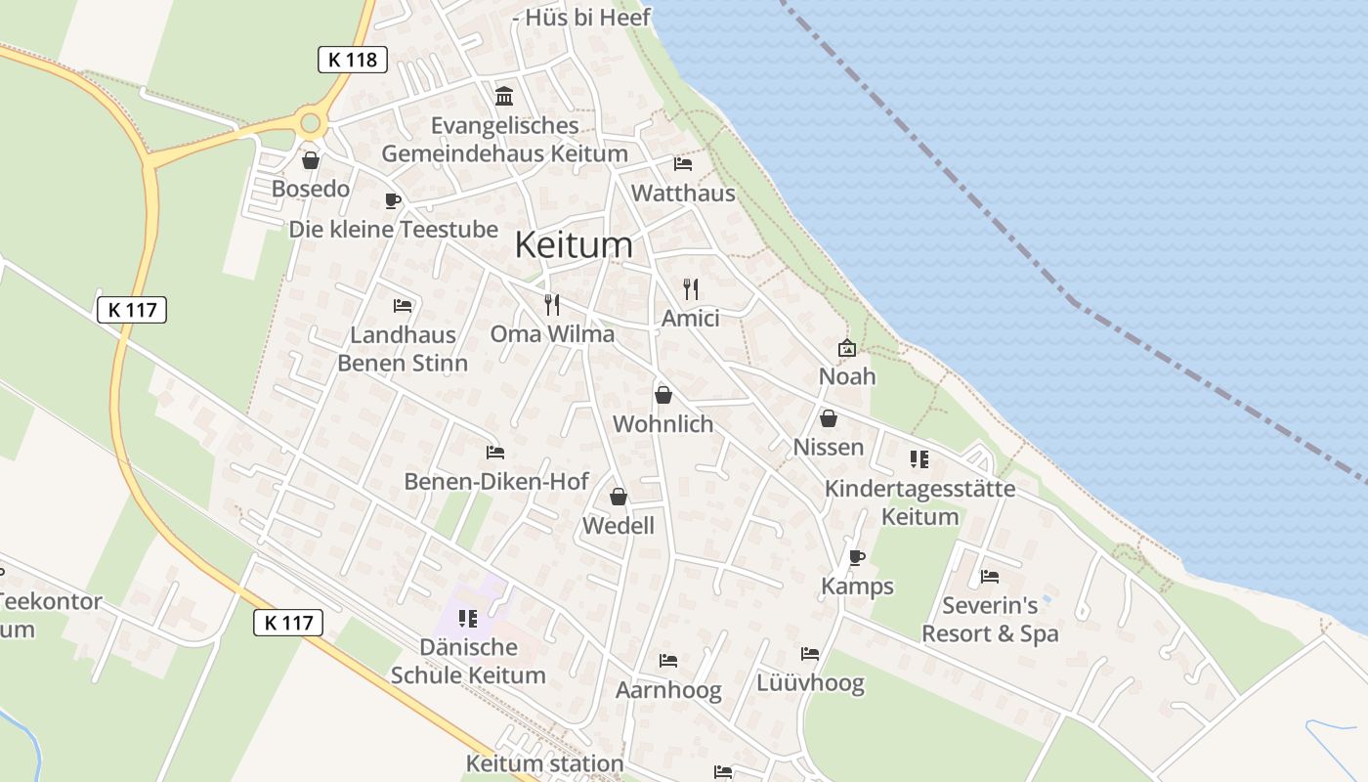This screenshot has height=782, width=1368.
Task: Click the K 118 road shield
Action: pos(353,60)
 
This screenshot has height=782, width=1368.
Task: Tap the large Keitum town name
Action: pos(574,244)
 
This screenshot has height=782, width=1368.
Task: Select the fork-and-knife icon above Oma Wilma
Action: pos(552,305)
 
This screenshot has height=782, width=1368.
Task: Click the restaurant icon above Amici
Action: pos(691,289)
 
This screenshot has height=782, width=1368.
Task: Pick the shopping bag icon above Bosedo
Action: pos(311,160)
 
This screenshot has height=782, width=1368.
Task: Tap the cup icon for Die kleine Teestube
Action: pos(393,200)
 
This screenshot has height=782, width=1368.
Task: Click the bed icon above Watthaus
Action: pos(683,164)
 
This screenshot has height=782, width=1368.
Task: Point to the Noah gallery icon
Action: pos(847,348)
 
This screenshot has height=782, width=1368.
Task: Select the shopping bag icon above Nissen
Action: pos(829,418)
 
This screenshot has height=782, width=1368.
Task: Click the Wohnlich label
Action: pos(663,424)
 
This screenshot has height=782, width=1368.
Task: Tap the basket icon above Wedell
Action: pos(618,497)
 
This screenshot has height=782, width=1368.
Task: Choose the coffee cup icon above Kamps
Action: pos(857,557)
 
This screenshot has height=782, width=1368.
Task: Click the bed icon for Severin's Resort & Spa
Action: pos(990,577)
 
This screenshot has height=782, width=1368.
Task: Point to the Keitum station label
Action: pos(544,763)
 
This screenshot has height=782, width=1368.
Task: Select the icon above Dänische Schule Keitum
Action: pos(468,619)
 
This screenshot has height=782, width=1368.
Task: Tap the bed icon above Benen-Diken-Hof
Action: pos(495,453)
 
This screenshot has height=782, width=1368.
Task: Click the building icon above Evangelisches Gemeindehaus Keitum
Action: pos(504,96)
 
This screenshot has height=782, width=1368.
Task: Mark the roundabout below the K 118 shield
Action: pos(311,124)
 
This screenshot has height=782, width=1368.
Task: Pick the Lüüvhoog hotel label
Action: pos(810,682)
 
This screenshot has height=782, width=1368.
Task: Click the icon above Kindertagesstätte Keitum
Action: pos(919,458)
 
